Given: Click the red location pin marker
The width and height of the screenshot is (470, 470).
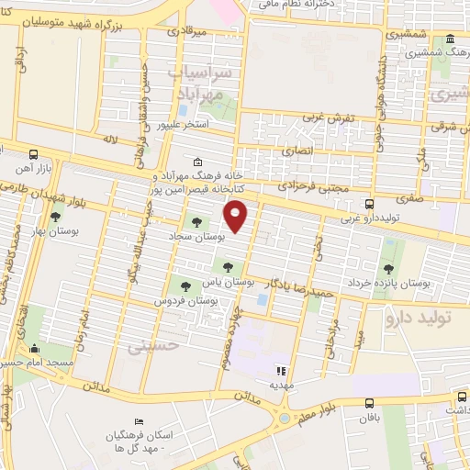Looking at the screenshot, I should pos(237,218).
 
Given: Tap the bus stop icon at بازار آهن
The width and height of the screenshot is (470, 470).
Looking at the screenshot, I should pos(34,154).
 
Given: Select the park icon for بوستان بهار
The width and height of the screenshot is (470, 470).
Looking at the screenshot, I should pos(56,217).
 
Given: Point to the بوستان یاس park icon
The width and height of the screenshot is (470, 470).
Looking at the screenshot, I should pos(227,266).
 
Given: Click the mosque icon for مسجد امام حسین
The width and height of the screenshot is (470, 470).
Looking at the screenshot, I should pos(35,349).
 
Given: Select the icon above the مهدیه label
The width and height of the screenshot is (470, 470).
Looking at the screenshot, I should pos(280,371).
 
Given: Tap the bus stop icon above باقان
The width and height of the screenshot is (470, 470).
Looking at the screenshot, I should pos(369,403).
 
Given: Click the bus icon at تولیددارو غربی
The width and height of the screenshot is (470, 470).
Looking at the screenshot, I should pos(369,205).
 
